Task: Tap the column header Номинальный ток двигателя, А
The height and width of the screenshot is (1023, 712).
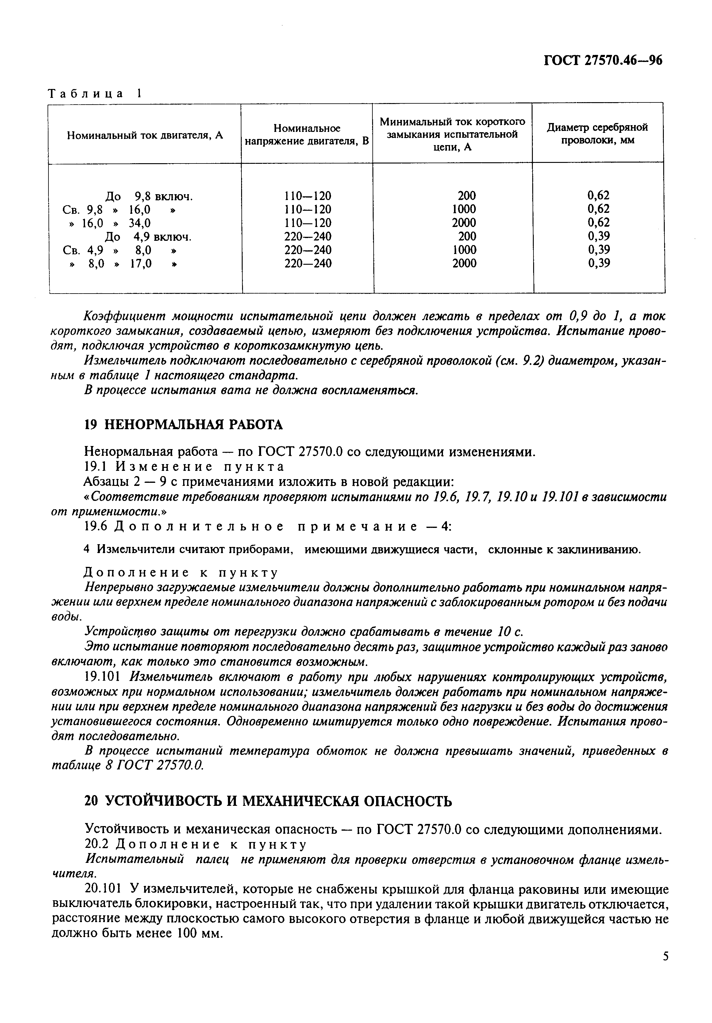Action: tap(145, 135)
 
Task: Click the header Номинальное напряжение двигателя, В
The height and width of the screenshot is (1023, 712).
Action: tap(307, 135)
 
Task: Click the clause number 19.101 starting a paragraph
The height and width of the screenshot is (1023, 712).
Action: tap(102, 677)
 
